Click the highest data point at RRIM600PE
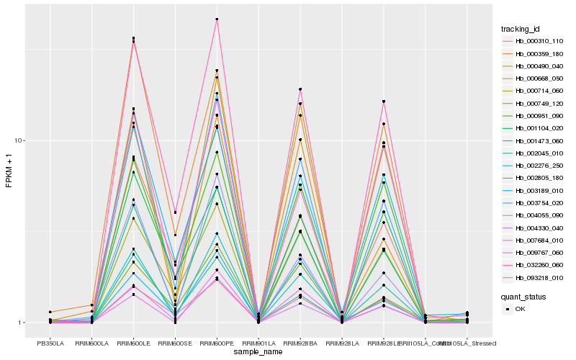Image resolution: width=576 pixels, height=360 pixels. tap(217, 19)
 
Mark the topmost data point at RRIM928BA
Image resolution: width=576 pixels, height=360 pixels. tap(300, 89)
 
